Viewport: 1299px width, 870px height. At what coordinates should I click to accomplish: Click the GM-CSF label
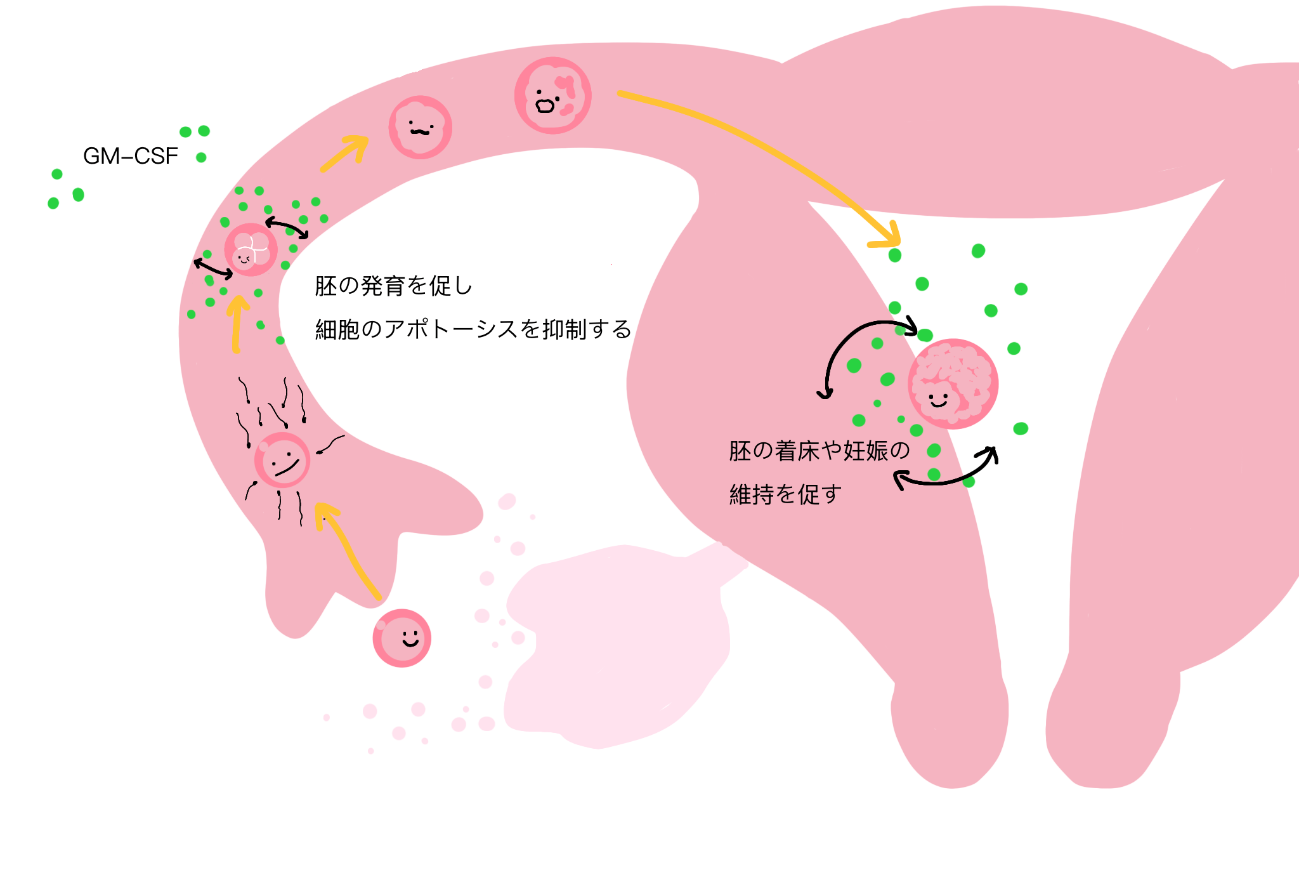(x=131, y=156)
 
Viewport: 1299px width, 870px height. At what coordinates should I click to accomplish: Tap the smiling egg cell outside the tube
(x=402, y=638)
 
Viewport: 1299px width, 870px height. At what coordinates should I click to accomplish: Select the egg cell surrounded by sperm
(x=282, y=460)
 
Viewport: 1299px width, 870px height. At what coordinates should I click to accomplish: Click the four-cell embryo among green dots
(x=251, y=249)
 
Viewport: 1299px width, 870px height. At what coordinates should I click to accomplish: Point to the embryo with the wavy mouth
(x=420, y=127)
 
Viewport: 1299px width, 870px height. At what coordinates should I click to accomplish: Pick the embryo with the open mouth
(x=553, y=95)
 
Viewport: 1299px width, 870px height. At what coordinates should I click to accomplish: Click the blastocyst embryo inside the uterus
(x=953, y=384)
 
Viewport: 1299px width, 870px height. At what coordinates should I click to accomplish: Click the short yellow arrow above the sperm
(x=237, y=324)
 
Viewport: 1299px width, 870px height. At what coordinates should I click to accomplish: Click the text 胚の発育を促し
(x=394, y=286)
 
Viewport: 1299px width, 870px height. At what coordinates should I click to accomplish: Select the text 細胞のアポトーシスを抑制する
(x=473, y=329)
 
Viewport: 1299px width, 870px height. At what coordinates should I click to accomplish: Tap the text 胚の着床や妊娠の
(x=819, y=451)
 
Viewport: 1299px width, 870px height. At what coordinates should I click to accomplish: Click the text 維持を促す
(x=785, y=494)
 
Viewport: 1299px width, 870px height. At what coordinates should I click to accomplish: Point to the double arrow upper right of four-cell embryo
(x=287, y=227)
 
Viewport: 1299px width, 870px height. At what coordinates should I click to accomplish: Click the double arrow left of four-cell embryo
(x=213, y=269)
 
